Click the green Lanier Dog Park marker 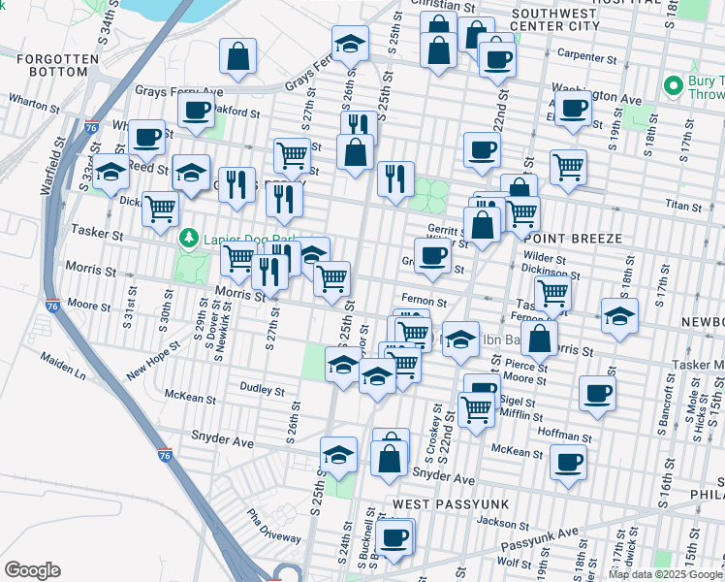(189, 237)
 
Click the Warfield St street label (52, 165)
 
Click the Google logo (32, 570)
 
